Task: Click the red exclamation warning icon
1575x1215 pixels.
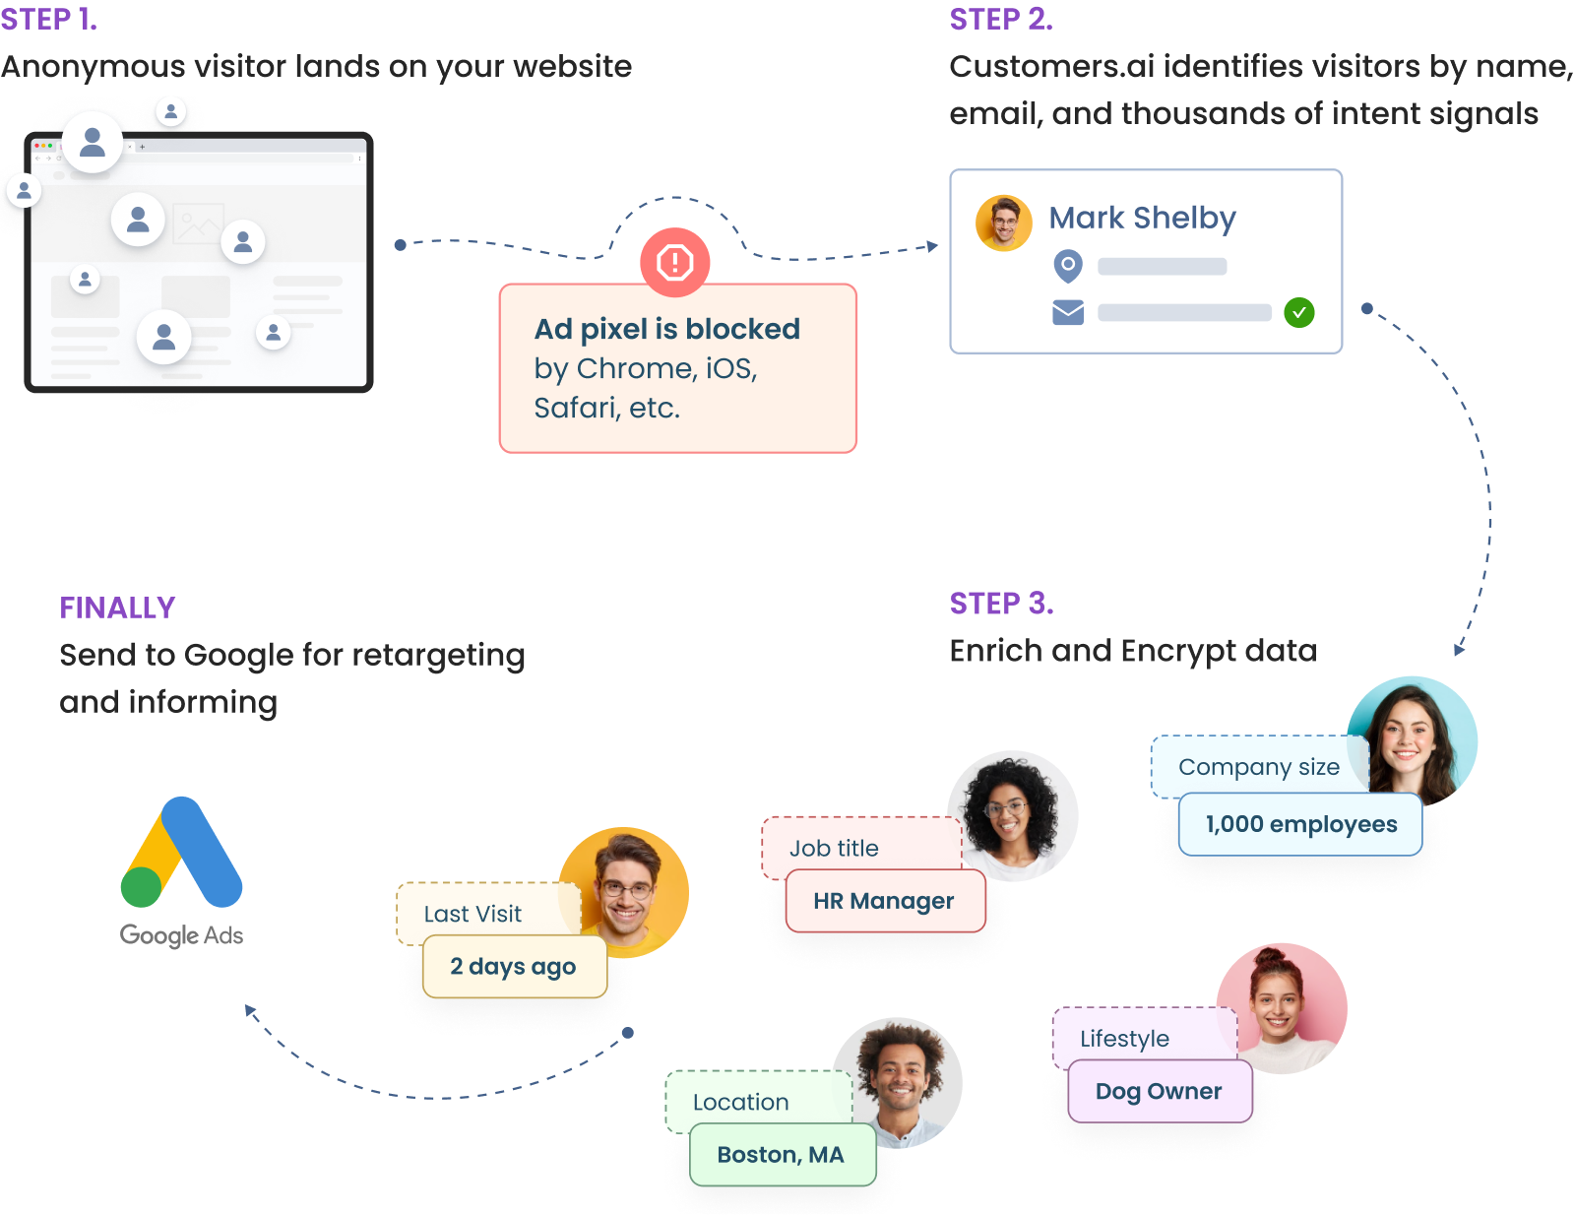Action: point(675,262)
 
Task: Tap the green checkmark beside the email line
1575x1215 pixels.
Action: point(1299,313)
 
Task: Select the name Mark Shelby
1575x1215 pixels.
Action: point(1142,218)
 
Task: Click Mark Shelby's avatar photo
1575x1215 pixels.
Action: point(1003,224)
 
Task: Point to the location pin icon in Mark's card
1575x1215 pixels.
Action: point(1068,266)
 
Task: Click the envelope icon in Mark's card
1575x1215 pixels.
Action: point(1068,313)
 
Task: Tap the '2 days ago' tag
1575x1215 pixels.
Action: point(514,967)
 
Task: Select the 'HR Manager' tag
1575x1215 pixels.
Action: point(884,901)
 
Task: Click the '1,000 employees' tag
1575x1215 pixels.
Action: point(1300,824)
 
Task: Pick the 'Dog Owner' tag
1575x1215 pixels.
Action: point(1159,1091)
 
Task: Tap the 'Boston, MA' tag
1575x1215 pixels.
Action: point(781,1154)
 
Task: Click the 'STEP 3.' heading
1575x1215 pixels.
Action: point(1001,603)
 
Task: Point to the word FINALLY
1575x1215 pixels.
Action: point(117,607)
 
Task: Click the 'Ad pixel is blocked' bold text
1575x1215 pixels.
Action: point(666,329)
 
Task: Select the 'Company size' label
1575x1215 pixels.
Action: point(1258,767)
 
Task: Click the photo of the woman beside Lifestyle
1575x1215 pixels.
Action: point(1282,1006)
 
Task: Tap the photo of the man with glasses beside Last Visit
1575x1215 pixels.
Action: point(624,891)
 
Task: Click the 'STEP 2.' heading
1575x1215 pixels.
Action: point(1001,19)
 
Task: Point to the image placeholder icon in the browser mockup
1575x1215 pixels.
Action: point(198,224)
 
